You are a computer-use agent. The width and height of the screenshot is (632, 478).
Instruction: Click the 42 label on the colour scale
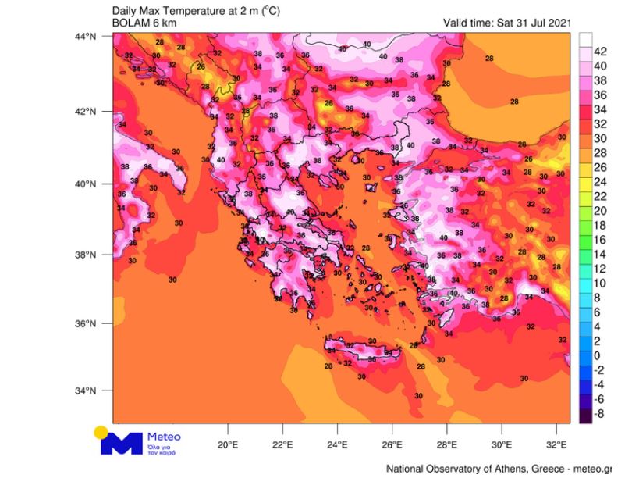[x=601, y=52]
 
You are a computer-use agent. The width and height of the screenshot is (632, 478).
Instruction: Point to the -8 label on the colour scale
[x=601, y=414]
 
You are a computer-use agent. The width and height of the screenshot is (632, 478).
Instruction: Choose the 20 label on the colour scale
[x=601, y=211]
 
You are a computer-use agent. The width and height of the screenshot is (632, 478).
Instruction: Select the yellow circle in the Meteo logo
[x=101, y=431]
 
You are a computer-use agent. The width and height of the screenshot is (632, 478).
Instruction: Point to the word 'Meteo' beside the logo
[x=163, y=437]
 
